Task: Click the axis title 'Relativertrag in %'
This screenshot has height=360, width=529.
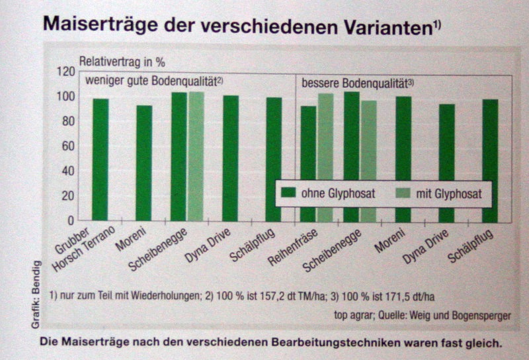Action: click(x=122, y=62)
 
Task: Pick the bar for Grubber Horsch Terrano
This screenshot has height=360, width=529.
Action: click(x=101, y=159)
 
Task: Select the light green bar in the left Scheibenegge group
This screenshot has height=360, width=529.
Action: click(x=196, y=156)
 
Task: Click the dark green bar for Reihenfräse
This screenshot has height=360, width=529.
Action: click(x=308, y=163)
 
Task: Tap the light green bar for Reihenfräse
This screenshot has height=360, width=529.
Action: click(x=325, y=157)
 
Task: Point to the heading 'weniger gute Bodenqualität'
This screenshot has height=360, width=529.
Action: click(x=156, y=81)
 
